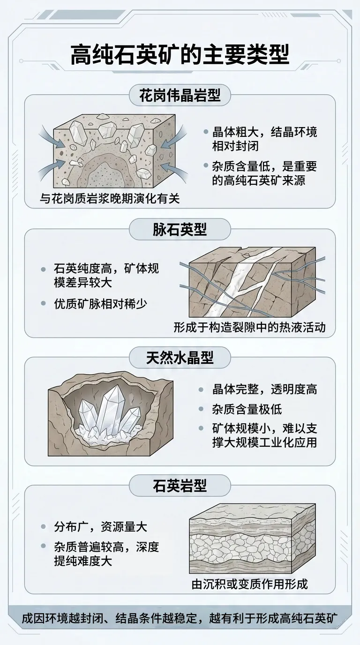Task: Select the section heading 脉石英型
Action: pos(180,230)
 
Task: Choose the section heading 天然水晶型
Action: pos(180,358)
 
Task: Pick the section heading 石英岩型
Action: pos(180,487)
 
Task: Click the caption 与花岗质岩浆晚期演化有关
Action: pos(109,199)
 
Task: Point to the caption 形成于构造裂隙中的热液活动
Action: pos(249,327)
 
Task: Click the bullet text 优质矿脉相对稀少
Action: pos(100,304)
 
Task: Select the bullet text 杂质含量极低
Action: pos(247,409)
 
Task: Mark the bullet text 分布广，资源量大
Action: pos(100,527)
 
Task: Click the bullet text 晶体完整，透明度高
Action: pos(264,390)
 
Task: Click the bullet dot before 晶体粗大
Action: pos(206,132)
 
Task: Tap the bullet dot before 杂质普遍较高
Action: pos(44,546)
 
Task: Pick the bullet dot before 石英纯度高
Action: pos(44,270)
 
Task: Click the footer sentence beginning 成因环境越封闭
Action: pos(180,618)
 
